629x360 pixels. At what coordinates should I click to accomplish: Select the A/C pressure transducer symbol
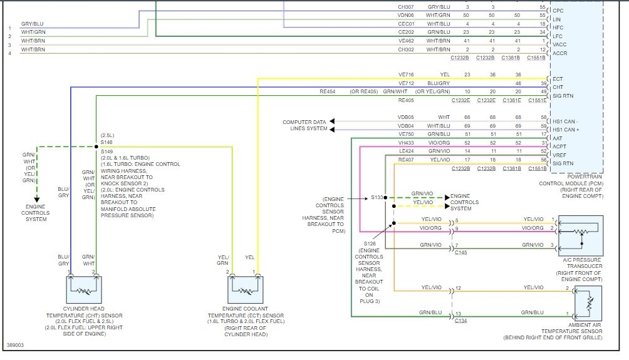[x=580, y=236]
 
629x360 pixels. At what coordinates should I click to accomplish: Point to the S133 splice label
[x=376, y=197]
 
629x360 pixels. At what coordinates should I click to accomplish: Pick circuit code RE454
[x=327, y=91]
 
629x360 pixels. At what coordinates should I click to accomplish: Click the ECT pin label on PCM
[x=558, y=79]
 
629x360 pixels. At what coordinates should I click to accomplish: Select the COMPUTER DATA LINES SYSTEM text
[x=304, y=125]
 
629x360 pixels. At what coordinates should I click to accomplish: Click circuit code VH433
[x=407, y=142]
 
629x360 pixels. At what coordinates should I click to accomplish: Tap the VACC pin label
[x=559, y=45]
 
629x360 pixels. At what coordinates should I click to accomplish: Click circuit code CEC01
[x=407, y=24]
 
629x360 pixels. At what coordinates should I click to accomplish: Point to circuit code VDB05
[x=407, y=117]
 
